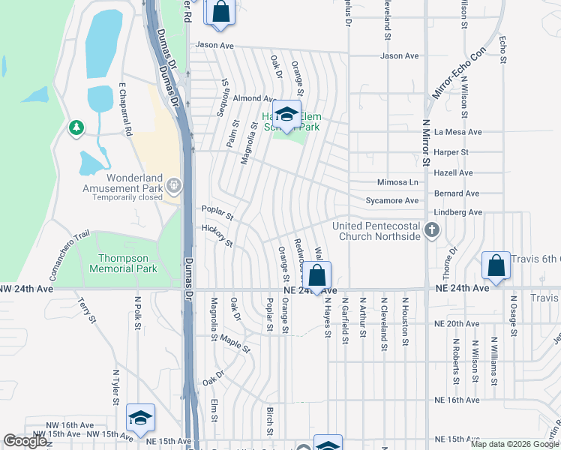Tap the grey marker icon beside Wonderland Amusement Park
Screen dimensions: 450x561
tap(174, 184)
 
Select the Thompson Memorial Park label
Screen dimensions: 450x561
tap(124, 263)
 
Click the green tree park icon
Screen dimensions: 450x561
tap(76, 128)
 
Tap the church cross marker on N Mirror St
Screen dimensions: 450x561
tap(431, 229)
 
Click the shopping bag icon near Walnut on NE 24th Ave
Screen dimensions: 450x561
tap(317, 275)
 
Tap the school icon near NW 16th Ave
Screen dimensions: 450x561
tap(140, 418)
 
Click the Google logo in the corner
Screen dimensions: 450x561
tap(25, 442)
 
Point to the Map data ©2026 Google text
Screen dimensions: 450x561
tap(514, 444)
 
